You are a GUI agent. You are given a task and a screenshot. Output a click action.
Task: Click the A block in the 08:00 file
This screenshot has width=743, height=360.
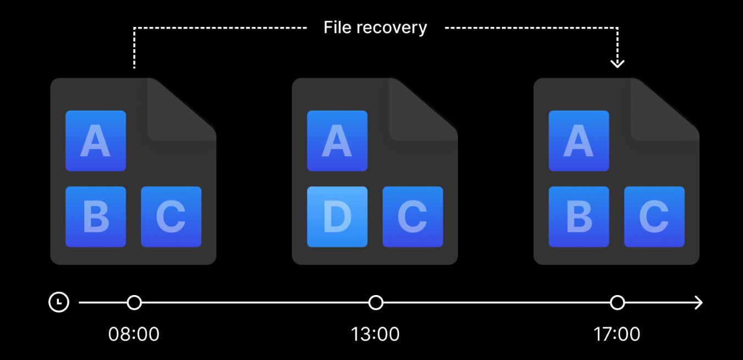(96, 141)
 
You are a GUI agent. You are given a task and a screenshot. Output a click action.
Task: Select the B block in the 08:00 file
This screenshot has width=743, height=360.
(96, 217)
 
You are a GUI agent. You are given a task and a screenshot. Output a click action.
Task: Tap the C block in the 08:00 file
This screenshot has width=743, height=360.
(171, 217)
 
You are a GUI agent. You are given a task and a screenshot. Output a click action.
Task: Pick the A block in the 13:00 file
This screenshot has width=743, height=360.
(337, 141)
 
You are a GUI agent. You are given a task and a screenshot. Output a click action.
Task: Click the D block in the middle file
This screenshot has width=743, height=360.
(337, 217)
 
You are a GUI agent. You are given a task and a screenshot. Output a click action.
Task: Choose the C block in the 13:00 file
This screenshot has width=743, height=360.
(413, 217)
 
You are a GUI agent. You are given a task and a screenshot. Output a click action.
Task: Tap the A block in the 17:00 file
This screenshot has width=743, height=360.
(578, 141)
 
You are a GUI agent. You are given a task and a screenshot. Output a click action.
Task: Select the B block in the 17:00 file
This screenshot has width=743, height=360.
(578, 217)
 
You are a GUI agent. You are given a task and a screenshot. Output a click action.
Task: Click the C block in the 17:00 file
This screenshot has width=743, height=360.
(654, 217)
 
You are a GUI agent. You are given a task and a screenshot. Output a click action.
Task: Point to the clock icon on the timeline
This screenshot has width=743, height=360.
(59, 302)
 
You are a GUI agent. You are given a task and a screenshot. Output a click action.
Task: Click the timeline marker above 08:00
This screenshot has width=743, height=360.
(134, 302)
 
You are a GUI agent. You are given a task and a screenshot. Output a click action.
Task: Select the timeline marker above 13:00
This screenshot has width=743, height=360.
(375, 302)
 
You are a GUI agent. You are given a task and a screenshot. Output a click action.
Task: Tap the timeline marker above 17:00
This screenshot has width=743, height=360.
(618, 302)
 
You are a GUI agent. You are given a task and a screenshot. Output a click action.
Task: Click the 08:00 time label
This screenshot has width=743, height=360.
(134, 334)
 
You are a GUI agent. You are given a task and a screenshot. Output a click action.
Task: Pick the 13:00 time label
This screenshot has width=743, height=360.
(375, 334)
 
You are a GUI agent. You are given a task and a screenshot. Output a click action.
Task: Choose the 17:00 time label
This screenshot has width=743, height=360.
(617, 334)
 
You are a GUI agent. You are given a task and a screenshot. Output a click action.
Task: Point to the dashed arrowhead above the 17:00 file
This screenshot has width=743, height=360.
(618, 63)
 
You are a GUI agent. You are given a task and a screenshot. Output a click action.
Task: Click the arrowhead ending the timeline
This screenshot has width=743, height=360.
(699, 302)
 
